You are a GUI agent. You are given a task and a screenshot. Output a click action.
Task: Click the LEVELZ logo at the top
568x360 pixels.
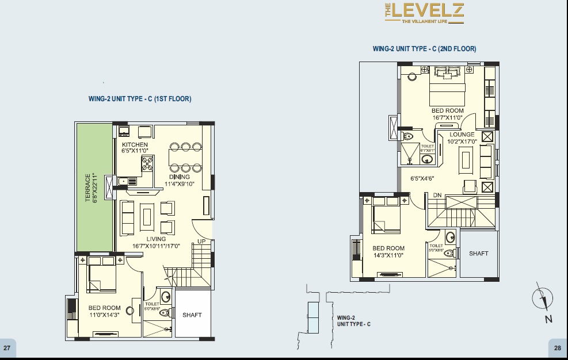pyautogui.click(x=424, y=13)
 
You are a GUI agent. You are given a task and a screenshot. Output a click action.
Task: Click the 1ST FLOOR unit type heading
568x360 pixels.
pyautogui.click(x=140, y=99)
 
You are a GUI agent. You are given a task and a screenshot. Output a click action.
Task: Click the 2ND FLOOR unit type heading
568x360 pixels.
pyautogui.click(x=424, y=49)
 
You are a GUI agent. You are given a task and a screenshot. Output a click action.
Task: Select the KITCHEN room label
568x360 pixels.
pyautogui.click(x=135, y=144)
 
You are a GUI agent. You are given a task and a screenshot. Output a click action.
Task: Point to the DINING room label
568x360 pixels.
pyautogui.click(x=180, y=177)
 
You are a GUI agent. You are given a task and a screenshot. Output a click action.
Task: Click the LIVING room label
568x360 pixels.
pyautogui.click(x=156, y=239)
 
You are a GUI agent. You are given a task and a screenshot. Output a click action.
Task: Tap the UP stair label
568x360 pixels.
pyautogui.click(x=201, y=242)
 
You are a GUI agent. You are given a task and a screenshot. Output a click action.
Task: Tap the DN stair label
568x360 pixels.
pyautogui.click(x=437, y=195)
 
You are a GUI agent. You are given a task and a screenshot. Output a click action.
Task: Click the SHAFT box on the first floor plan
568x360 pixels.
pyautogui.click(x=192, y=315)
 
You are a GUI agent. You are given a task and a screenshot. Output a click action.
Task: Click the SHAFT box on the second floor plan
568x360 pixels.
pyautogui.click(x=478, y=254)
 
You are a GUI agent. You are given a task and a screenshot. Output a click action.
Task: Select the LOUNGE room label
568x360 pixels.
pyautogui.click(x=462, y=135)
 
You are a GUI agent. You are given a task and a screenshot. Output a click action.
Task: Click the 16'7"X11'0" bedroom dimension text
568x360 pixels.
pyautogui.click(x=447, y=117)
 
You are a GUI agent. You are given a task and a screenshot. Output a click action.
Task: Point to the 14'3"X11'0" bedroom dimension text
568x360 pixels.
pyautogui.click(x=388, y=255)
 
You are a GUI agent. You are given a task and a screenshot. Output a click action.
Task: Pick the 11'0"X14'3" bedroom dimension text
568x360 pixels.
pyautogui.click(x=104, y=315)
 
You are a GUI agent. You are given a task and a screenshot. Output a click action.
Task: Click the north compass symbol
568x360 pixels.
pyautogui.click(x=542, y=300)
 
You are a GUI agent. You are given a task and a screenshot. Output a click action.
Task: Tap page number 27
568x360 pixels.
pyautogui.click(x=7, y=348)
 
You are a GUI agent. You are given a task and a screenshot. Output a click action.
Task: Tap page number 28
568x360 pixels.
pyautogui.click(x=558, y=348)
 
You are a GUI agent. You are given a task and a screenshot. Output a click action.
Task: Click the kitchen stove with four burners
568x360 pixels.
pyautogui.click(x=146, y=165)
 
